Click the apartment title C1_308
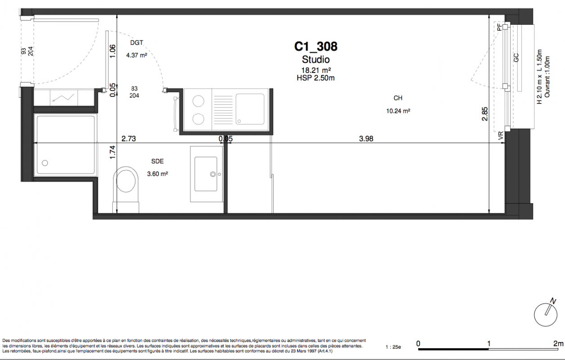316,47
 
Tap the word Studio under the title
316,60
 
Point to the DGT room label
136,43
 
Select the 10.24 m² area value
398,111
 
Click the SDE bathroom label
158,162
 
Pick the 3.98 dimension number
366,139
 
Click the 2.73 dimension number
129,139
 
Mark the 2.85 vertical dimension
484,114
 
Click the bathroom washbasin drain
213,174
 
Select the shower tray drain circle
45,163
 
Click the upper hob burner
198,101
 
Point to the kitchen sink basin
250,109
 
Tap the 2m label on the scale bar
558,344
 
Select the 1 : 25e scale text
393,347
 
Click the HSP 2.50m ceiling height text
316,78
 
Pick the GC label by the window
516,58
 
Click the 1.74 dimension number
113,153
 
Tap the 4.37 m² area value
136,55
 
